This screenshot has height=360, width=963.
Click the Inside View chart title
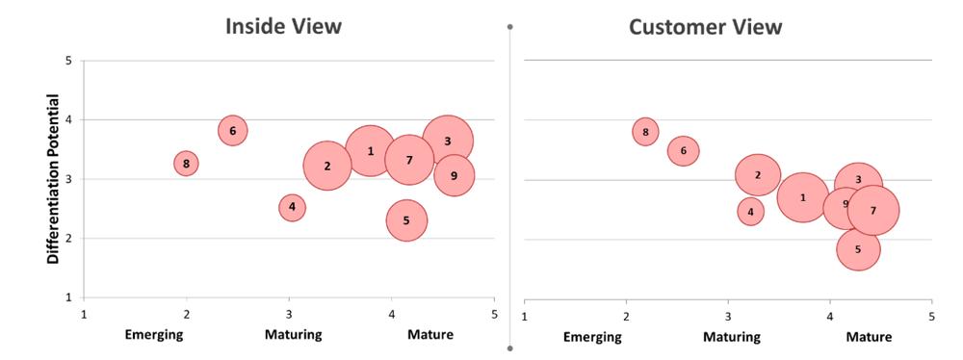point(283,26)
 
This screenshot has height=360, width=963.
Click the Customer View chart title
point(705,27)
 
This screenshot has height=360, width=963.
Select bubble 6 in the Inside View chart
point(232,130)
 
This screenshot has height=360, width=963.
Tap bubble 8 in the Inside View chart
point(186,164)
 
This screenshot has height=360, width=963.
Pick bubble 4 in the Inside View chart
point(292,208)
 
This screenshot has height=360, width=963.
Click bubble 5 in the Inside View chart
point(406,220)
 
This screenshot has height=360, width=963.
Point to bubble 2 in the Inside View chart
point(327,166)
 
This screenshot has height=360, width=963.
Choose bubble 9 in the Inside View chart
point(454,176)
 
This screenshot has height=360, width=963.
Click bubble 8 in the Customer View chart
point(645,132)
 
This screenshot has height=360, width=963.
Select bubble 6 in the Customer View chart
point(683,150)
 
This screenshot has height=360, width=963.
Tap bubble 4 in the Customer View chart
point(750,212)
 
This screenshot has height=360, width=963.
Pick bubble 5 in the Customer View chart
point(858,248)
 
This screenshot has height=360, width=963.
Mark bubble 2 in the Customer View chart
point(758,175)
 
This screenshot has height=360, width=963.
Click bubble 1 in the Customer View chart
point(803,197)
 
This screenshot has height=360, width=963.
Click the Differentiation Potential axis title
point(53,179)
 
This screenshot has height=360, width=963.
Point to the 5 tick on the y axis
point(68,61)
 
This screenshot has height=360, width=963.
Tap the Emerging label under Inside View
point(154,335)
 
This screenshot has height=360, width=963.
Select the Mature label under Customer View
point(869,337)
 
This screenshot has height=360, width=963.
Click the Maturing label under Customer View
point(732,337)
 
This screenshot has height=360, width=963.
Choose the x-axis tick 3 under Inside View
point(289,314)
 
